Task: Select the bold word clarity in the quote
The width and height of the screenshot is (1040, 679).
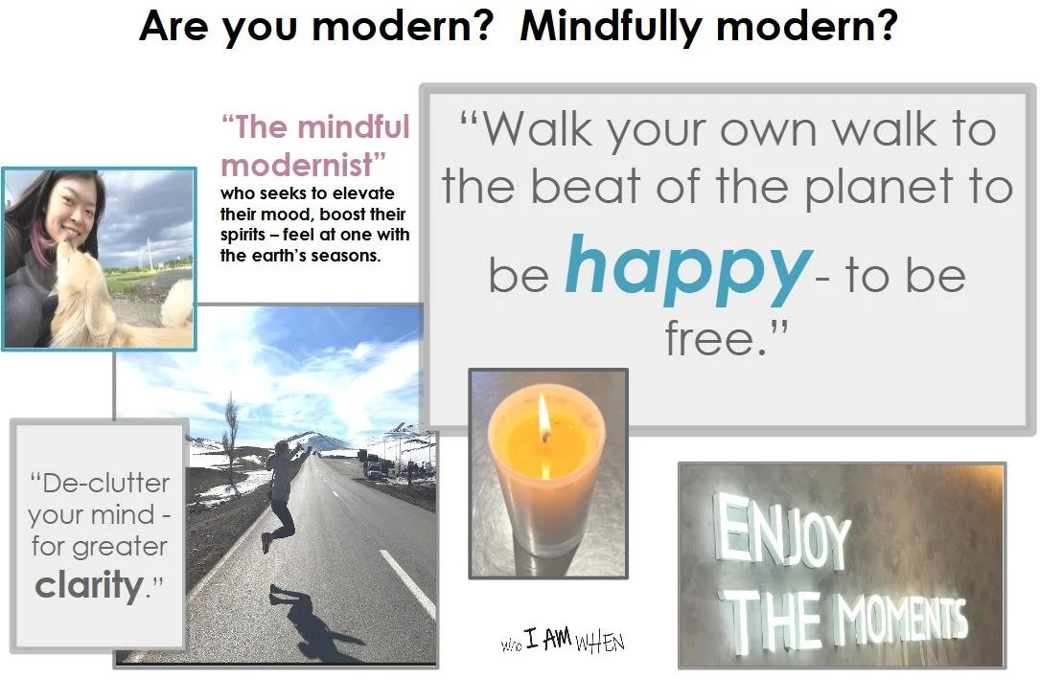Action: click(x=89, y=584)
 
